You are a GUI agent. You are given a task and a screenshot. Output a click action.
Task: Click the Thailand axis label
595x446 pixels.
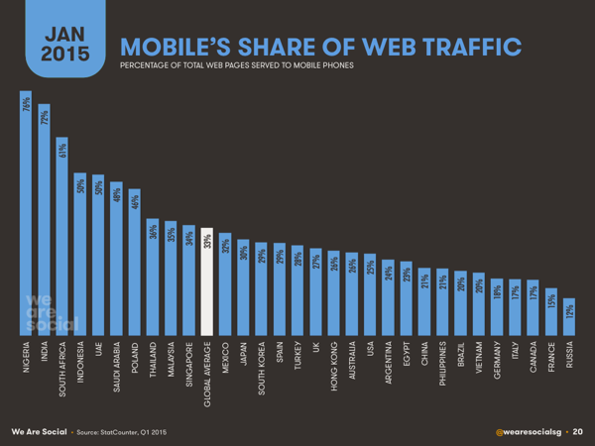(154, 366)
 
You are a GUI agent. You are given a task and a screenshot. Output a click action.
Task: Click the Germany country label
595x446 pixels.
(495, 366)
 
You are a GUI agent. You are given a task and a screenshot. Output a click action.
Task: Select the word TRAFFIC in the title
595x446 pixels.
(465, 45)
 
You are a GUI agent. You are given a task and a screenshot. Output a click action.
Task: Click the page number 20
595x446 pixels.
(577, 432)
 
